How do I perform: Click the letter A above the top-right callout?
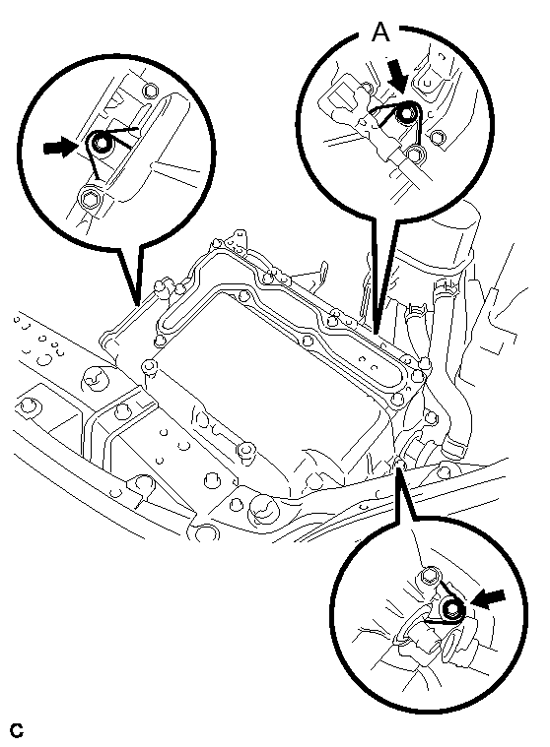[x=380, y=32]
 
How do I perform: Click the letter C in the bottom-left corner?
[x=17, y=730]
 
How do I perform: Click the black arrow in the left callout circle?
[x=59, y=148]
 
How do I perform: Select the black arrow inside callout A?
[x=396, y=76]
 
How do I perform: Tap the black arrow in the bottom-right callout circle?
[x=488, y=598]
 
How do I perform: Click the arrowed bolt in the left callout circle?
[x=101, y=143]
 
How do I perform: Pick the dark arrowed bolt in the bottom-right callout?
[x=451, y=609]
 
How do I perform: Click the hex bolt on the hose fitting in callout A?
[x=416, y=154]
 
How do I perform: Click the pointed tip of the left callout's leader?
[x=138, y=304]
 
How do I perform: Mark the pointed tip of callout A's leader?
[x=377, y=333]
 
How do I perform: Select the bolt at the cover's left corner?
[x=149, y=366]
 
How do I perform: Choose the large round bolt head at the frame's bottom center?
[x=262, y=510]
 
